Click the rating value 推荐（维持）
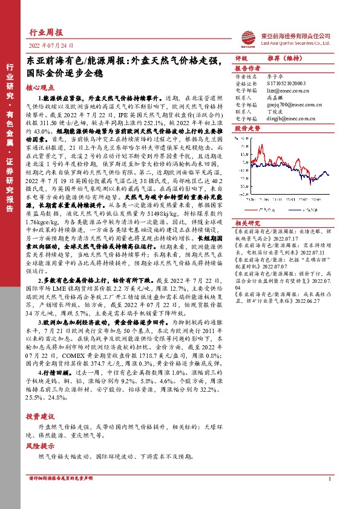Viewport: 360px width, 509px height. pos(284,58)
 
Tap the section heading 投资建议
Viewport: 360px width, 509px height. pos(41,418)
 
